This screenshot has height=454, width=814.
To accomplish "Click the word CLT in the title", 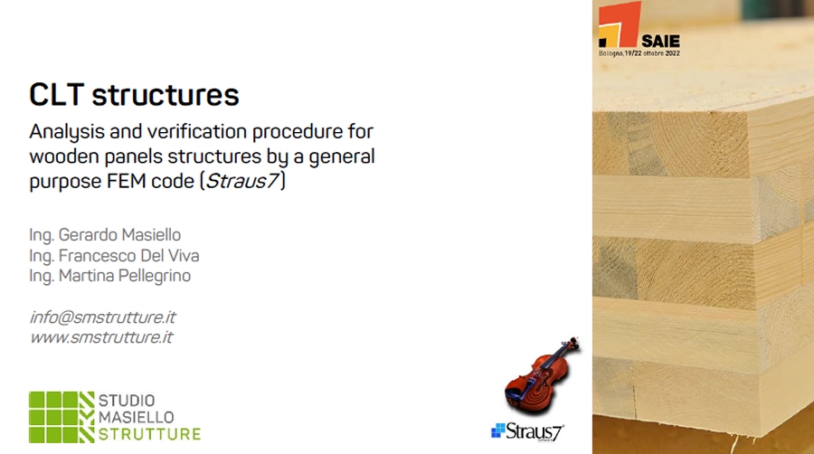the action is (x=57, y=94).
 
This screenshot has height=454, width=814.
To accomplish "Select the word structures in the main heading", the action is (x=166, y=94).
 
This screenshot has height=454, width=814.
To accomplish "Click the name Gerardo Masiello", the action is (x=119, y=235).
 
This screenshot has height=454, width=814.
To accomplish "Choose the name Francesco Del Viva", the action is (x=128, y=256).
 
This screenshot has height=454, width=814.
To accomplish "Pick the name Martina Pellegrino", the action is (x=125, y=276).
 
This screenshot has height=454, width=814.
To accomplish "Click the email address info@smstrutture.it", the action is (x=103, y=317).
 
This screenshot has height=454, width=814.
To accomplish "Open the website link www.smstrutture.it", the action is (x=101, y=337).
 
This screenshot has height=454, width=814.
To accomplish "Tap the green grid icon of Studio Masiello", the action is (x=62, y=417).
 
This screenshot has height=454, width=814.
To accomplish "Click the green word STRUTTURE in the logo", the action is (x=149, y=434).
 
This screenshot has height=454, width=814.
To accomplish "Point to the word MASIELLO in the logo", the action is (x=137, y=417).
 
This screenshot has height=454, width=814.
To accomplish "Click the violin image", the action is (x=542, y=375).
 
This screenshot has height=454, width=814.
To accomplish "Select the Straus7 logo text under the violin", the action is (x=535, y=431).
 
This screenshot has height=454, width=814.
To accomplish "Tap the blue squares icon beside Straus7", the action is (x=498, y=430).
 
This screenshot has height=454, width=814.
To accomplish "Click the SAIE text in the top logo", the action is (x=660, y=42).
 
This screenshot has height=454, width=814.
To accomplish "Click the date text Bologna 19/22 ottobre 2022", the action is (x=639, y=53).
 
